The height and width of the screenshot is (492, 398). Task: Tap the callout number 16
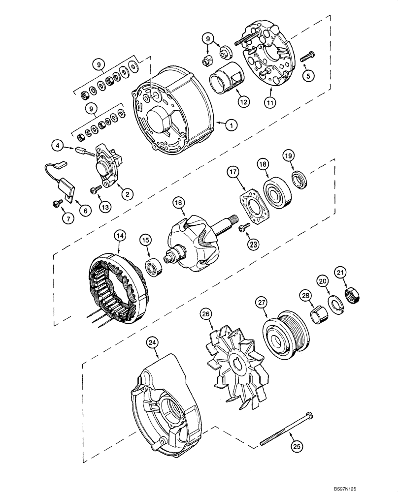click(x=177, y=202)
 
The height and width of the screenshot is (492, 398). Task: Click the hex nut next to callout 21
click(x=355, y=295)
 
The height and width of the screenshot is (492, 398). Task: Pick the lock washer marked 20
click(x=333, y=303)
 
